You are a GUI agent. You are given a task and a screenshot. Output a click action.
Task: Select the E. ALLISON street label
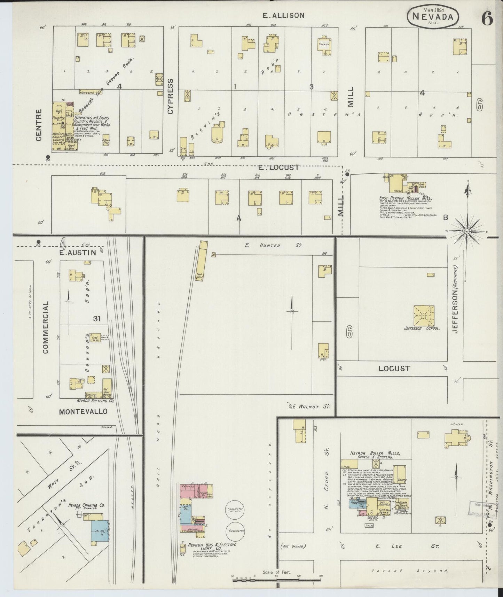point(283,15)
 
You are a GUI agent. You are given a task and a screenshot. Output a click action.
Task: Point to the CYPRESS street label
point(170,96)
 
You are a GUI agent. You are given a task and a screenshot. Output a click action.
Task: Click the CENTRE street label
point(39,125)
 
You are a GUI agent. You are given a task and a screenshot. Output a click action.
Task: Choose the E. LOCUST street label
point(278,168)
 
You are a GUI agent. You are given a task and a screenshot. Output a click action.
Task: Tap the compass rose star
point(466,231)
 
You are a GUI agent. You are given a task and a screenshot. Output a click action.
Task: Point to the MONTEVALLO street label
point(83,412)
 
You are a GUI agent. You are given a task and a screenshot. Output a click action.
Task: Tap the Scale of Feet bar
point(276,580)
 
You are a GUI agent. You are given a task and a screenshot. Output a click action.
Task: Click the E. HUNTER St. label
point(273,246)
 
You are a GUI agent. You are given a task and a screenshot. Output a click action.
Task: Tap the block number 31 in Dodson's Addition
point(97,318)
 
